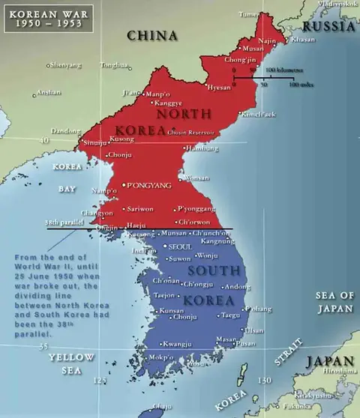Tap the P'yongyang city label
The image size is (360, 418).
pos(151,184)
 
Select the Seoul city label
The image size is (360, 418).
pos(181,246)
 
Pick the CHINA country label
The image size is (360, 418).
pos(151,35)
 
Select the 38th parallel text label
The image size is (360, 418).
pos(63,222)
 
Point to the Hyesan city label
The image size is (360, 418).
pos(219,88)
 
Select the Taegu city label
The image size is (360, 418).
pos(231,315)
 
